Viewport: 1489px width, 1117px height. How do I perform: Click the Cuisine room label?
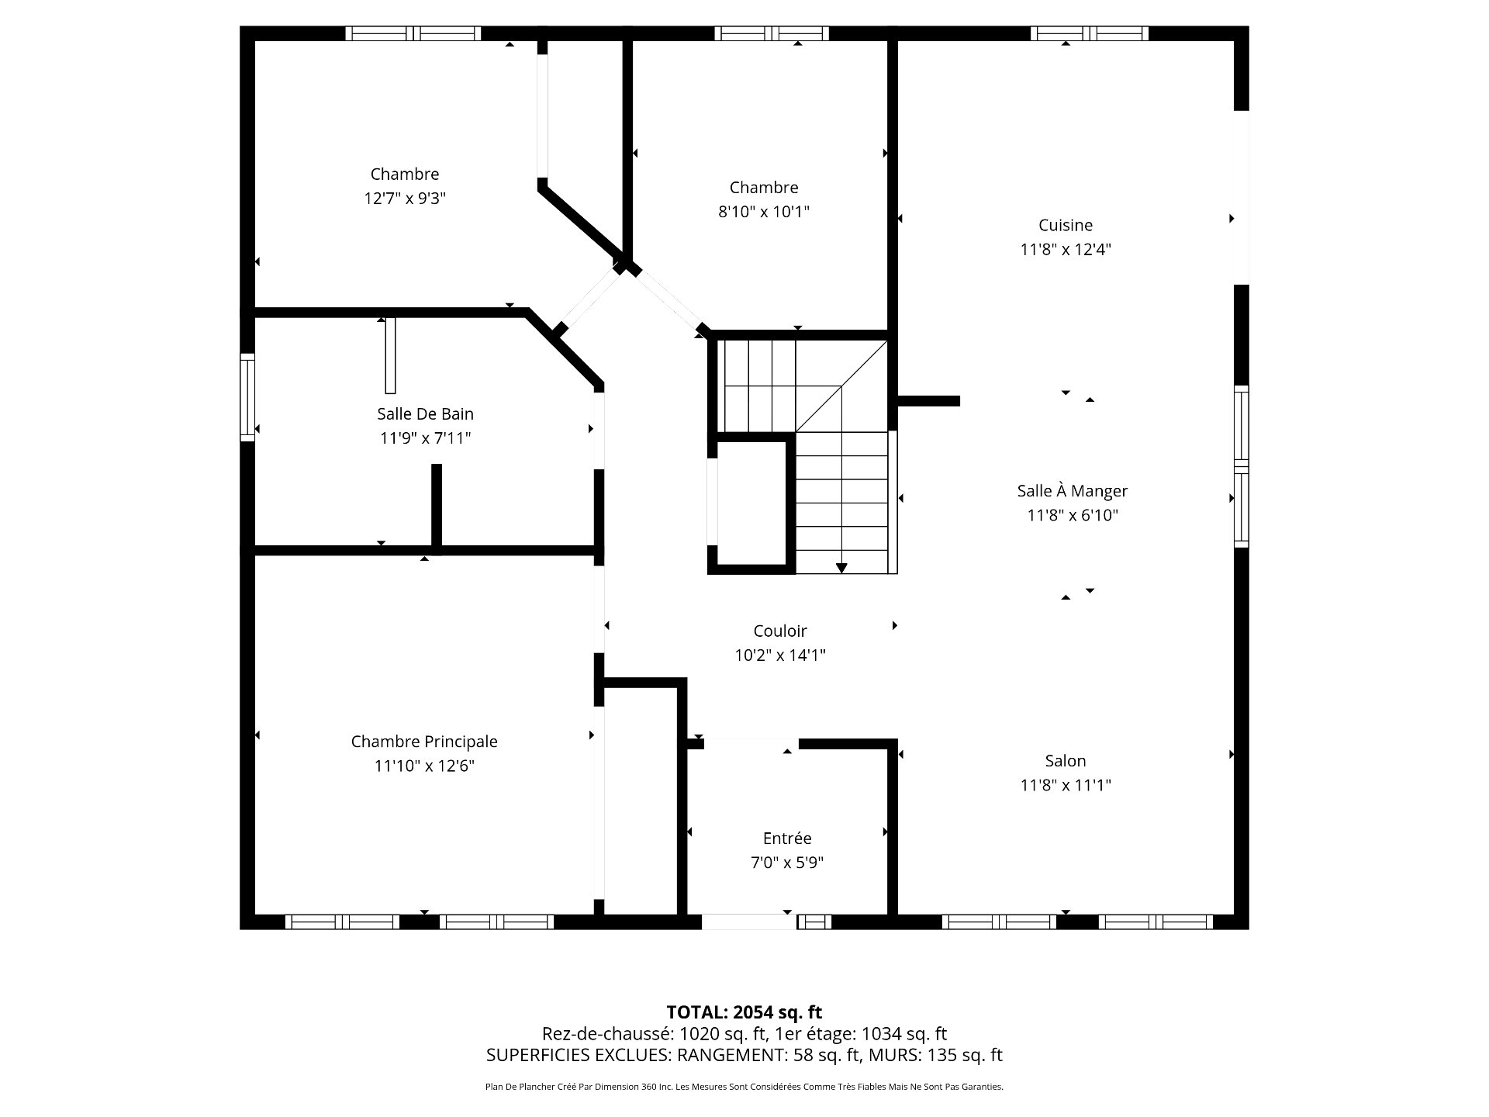[x=1066, y=226]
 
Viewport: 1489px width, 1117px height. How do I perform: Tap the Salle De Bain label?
[x=425, y=414]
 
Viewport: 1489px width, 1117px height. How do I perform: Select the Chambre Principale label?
[x=424, y=742]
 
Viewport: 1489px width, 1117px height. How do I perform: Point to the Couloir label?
[x=780, y=631]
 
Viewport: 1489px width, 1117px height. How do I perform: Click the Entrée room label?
[x=787, y=839]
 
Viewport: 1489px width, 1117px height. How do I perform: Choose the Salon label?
[x=1066, y=761]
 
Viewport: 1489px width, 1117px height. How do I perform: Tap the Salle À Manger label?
[x=1073, y=490]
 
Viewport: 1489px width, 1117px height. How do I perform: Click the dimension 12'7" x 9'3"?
[x=405, y=199]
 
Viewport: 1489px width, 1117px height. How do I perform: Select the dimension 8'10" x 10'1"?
[x=764, y=212]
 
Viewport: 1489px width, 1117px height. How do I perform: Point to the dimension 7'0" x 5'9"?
[x=787, y=863]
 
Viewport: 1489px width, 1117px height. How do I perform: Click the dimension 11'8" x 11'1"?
[x=1066, y=786]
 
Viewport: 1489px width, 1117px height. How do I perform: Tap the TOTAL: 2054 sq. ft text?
[x=744, y=1012]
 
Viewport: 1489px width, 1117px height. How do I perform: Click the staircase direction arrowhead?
[x=841, y=569]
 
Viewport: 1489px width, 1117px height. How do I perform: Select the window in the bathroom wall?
[x=247, y=397]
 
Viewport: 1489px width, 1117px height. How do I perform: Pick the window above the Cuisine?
[x=1090, y=33]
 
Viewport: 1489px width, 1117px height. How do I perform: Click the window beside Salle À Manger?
[x=1242, y=466]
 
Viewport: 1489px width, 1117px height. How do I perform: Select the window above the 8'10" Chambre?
[x=772, y=33]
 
